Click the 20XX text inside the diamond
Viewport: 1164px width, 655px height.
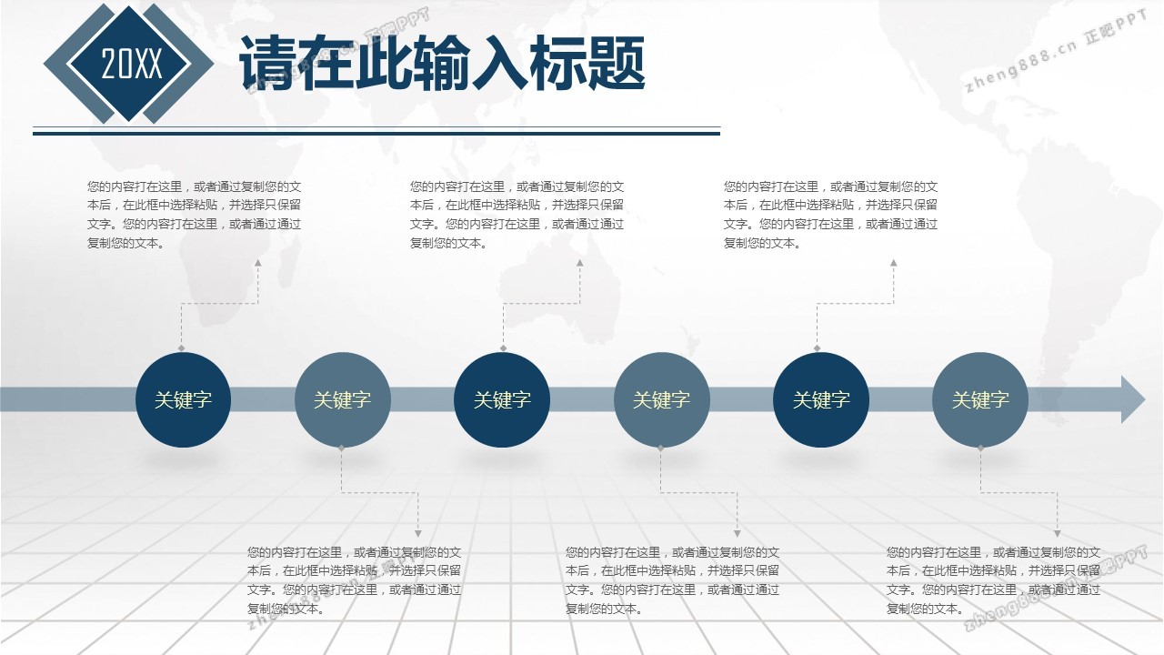pos(132,64)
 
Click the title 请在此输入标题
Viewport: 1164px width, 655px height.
pos(442,64)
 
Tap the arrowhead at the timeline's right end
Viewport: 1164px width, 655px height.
pos(1133,399)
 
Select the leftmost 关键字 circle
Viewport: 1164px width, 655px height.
pos(183,399)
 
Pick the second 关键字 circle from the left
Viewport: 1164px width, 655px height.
pos(343,399)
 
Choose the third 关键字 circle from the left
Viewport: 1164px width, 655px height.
pos(502,399)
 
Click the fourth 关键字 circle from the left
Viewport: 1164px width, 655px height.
pos(661,399)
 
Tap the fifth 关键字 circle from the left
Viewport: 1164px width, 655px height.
pos(821,399)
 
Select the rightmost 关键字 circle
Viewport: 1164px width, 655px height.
pos(980,399)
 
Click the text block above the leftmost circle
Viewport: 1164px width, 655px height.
pos(195,214)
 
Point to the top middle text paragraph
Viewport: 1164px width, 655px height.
pos(517,214)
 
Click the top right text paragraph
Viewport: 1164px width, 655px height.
pos(831,214)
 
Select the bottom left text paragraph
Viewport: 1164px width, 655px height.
pos(355,580)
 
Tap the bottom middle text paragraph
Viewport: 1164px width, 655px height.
pos(672,580)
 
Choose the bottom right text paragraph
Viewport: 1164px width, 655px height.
pos(994,580)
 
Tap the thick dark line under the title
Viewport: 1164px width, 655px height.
pos(376,134)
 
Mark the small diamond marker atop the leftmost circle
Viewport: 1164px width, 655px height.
pos(181,348)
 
